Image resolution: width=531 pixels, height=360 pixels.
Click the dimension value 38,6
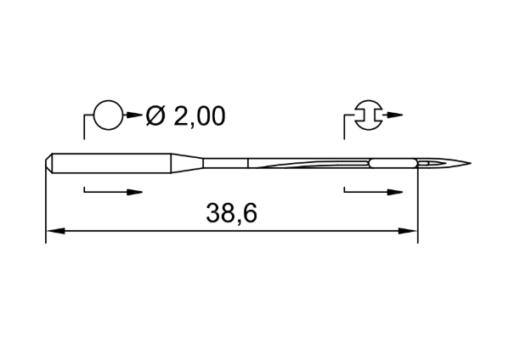[x=232, y=213]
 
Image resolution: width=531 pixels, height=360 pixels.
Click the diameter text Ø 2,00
[x=185, y=116]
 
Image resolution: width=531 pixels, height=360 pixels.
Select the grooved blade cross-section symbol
[x=369, y=115]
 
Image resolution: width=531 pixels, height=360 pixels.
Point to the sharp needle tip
[x=470, y=163]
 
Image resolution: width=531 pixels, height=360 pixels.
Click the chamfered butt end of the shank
[x=49, y=163]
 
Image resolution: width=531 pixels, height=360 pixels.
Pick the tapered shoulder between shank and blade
[x=187, y=163]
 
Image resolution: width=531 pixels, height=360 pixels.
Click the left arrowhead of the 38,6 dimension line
[x=55, y=231]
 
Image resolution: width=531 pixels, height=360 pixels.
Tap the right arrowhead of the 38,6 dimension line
[x=408, y=231]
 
